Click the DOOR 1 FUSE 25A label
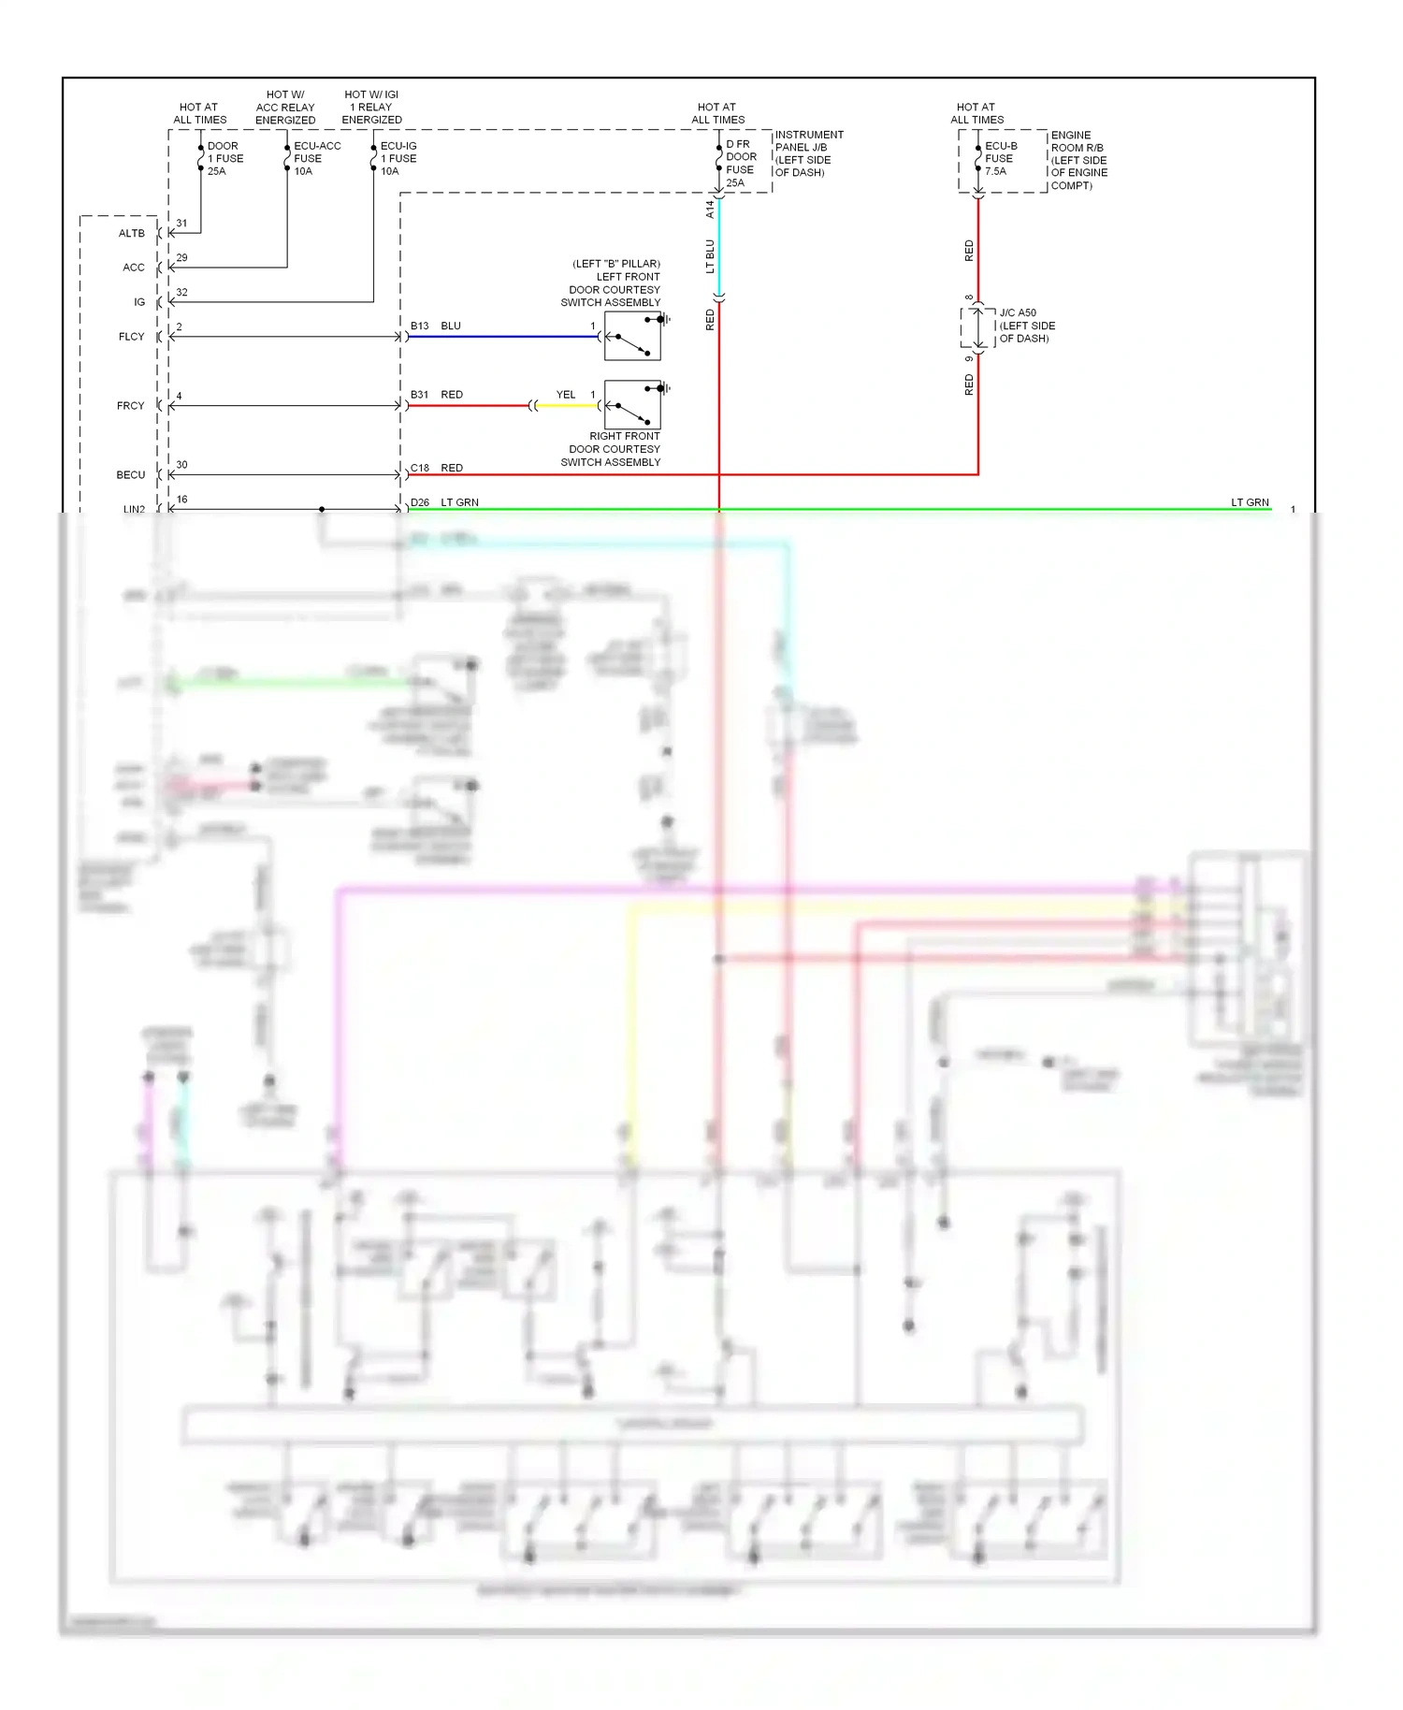pos(224,158)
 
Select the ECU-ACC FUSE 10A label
pos(316,158)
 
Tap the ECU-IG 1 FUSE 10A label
pos(398,158)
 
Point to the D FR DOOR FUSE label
pos(741,163)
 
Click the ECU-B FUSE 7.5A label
pos(1000,158)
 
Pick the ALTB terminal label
pos(132,233)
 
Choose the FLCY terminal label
pos(132,337)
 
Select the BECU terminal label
pos(131,475)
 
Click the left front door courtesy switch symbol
pos(633,336)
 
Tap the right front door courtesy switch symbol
pos(633,405)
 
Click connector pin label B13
pos(420,326)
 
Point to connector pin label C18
pos(420,468)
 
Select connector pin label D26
pos(420,502)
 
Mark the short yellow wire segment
pos(567,406)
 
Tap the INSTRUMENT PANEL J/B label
pos(808,153)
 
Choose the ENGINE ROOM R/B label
pos(1078,160)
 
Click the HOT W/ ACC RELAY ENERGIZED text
pos(285,108)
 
